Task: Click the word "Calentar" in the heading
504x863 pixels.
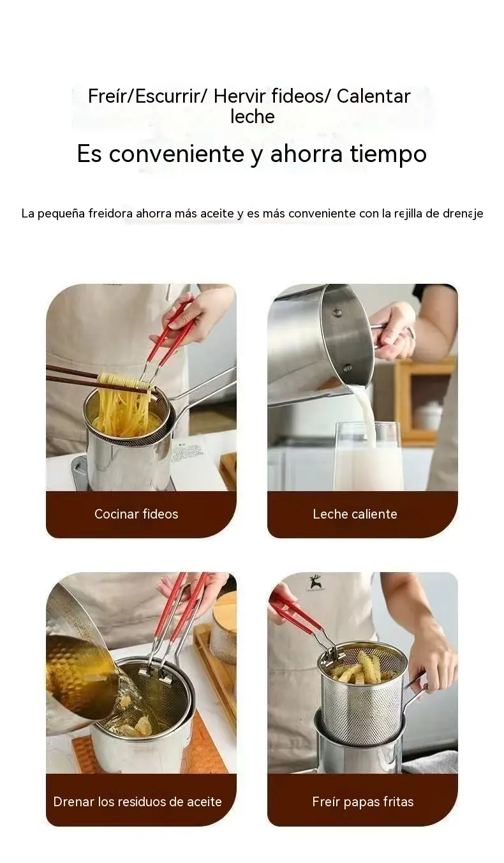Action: coord(373,96)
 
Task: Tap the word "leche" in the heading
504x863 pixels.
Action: coord(253,116)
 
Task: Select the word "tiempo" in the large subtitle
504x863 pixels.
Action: coord(389,154)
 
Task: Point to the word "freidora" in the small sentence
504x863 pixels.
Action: coord(112,214)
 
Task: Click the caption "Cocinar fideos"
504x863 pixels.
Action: coord(137,514)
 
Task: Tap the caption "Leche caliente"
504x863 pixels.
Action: coord(355,514)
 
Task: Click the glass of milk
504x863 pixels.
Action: coord(368,457)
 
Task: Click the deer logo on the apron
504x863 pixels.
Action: coord(315,583)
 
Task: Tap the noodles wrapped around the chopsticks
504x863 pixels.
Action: coord(123,382)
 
